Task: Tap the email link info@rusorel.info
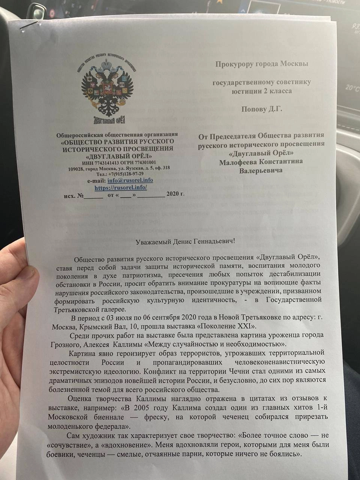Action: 130,180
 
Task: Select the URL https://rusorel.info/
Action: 120,187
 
